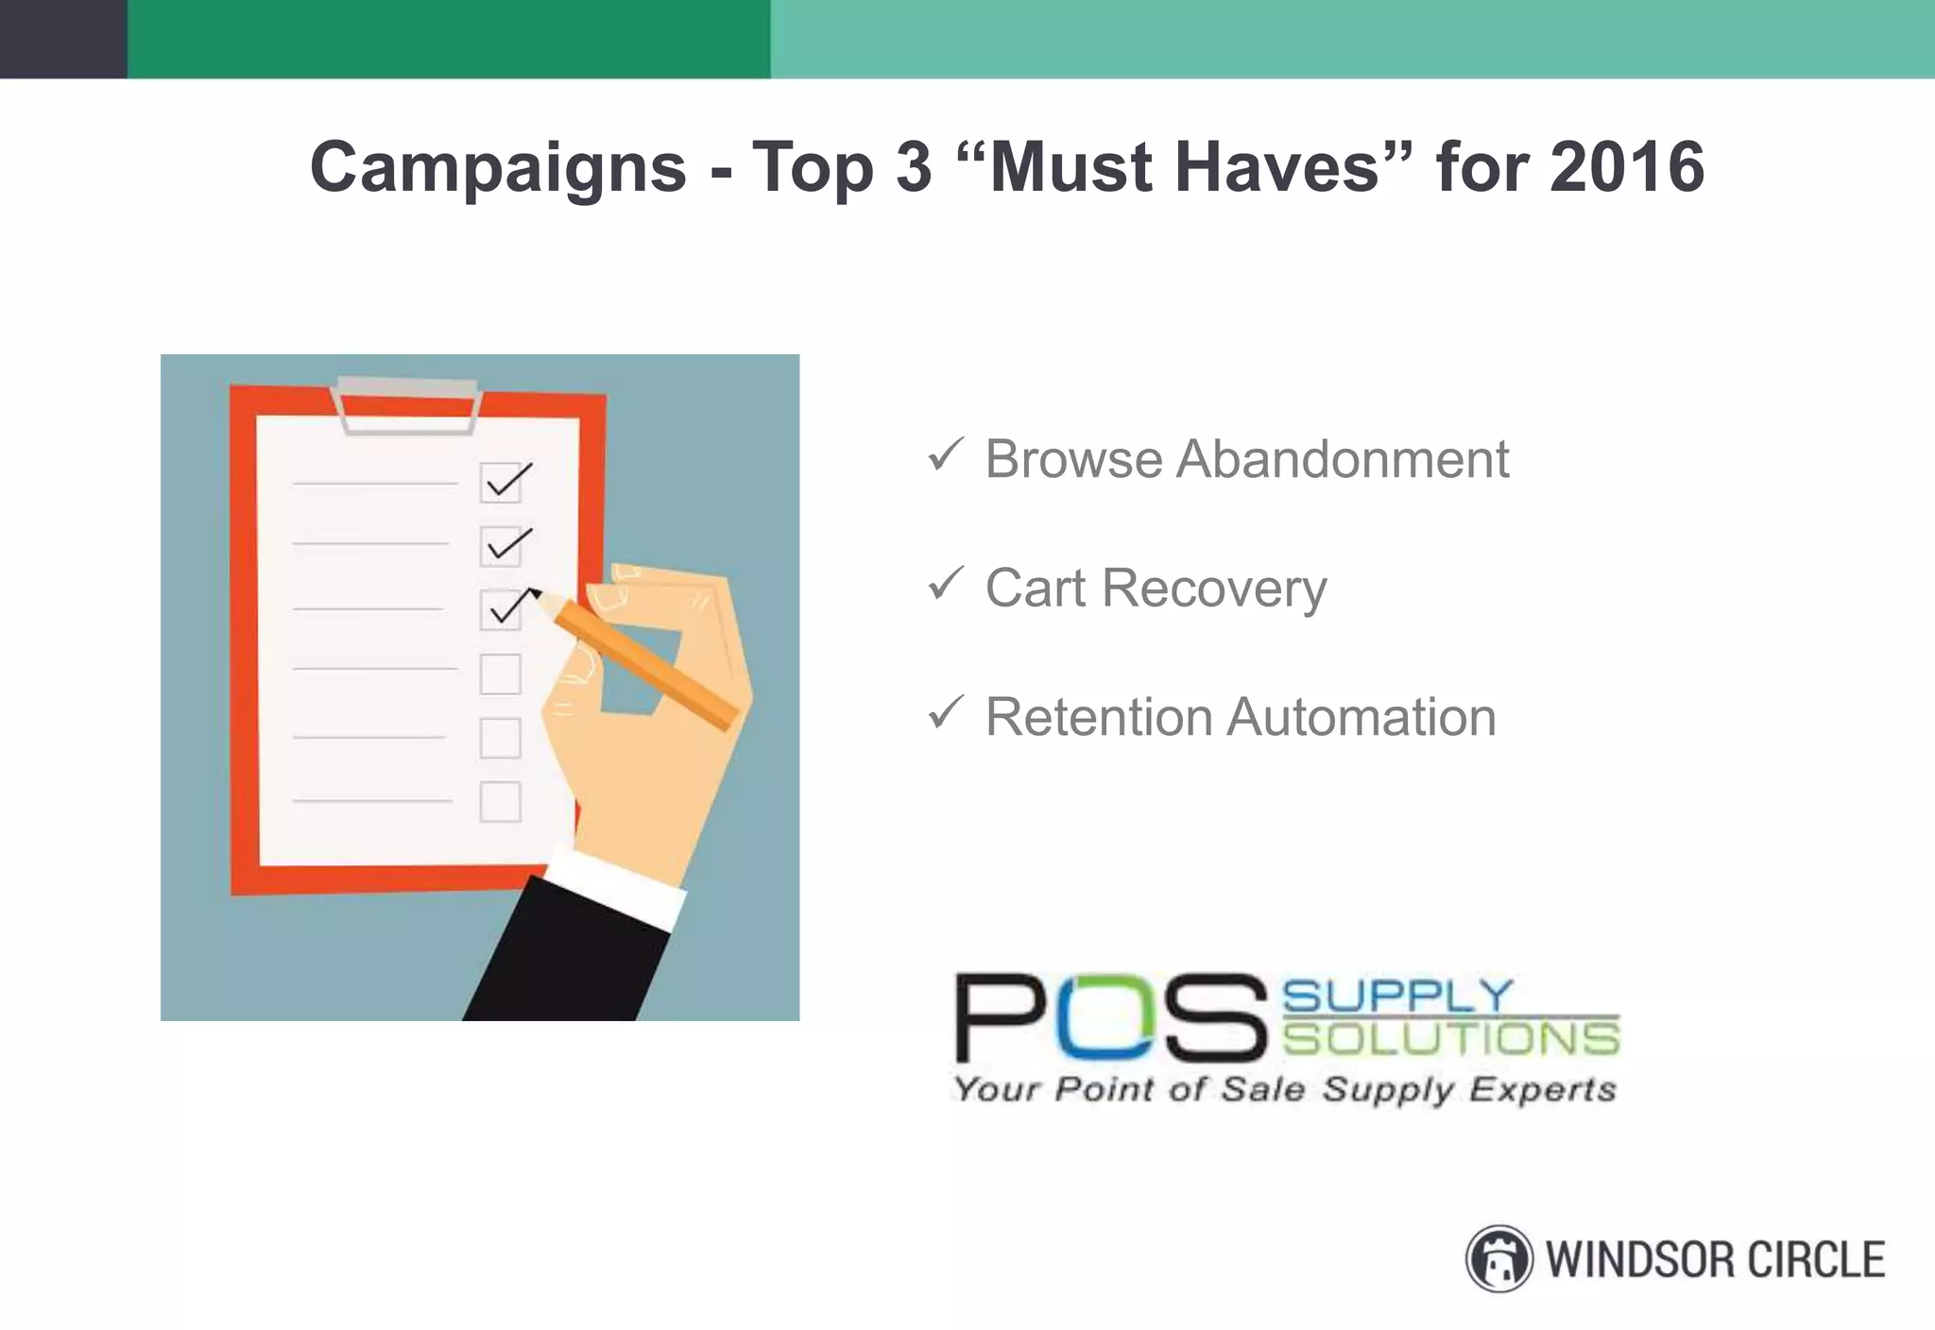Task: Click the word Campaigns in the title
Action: (498, 168)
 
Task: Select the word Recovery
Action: (1213, 588)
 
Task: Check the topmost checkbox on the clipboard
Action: (501, 482)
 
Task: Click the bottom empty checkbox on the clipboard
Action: (500, 802)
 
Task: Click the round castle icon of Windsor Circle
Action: (1498, 1258)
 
